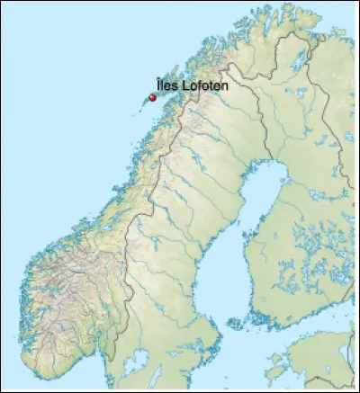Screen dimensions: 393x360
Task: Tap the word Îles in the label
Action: click(x=166, y=86)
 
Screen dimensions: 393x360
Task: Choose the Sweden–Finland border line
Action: click(x=262, y=117)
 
